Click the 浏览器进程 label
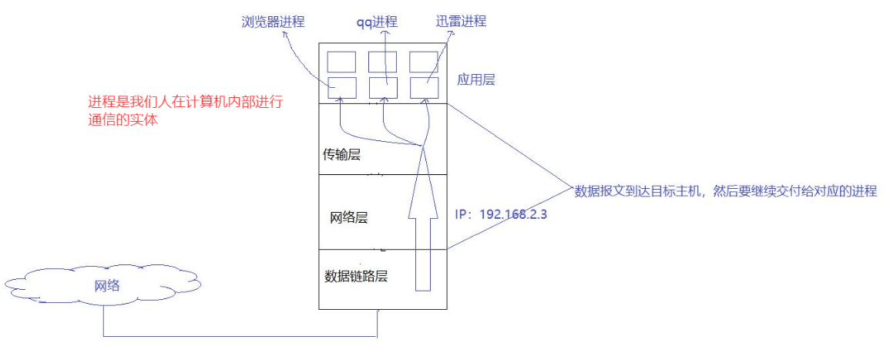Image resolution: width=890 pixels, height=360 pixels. [272, 22]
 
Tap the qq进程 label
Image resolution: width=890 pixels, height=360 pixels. [377, 22]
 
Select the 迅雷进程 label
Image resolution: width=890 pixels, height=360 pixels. [459, 22]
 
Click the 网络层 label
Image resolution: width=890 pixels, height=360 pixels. [348, 217]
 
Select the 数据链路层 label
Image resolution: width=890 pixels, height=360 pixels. [356, 275]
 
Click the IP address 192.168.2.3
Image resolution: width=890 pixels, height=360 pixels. [513, 213]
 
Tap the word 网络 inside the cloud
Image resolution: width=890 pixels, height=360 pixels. [107, 285]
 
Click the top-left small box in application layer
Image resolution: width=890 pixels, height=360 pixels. [342, 62]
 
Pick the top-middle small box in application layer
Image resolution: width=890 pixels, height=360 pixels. [382, 62]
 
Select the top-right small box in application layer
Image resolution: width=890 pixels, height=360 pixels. [424, 62]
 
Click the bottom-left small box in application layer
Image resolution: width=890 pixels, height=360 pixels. [342, 87]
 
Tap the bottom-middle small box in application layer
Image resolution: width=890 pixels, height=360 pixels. [382, 87]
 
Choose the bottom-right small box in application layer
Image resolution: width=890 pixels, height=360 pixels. [424, 87]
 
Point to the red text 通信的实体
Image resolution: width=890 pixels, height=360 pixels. [123, 119]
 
